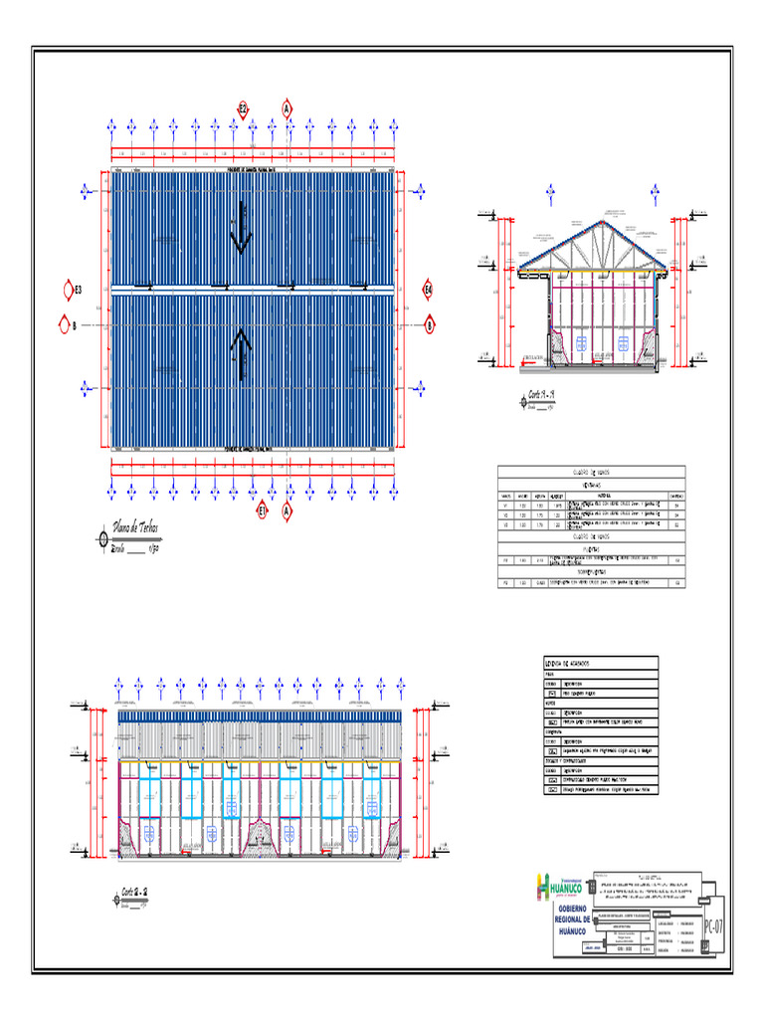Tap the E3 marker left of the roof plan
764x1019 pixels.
click(x=71, y=290)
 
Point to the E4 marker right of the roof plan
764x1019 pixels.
click(x=429, y=290)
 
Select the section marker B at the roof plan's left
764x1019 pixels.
click(x=71, y=324)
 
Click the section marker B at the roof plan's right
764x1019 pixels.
click(x=431, y=324)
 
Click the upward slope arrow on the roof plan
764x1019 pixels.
click(x=240, y=354)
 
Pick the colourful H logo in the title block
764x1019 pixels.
click(x=543, y=884)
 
